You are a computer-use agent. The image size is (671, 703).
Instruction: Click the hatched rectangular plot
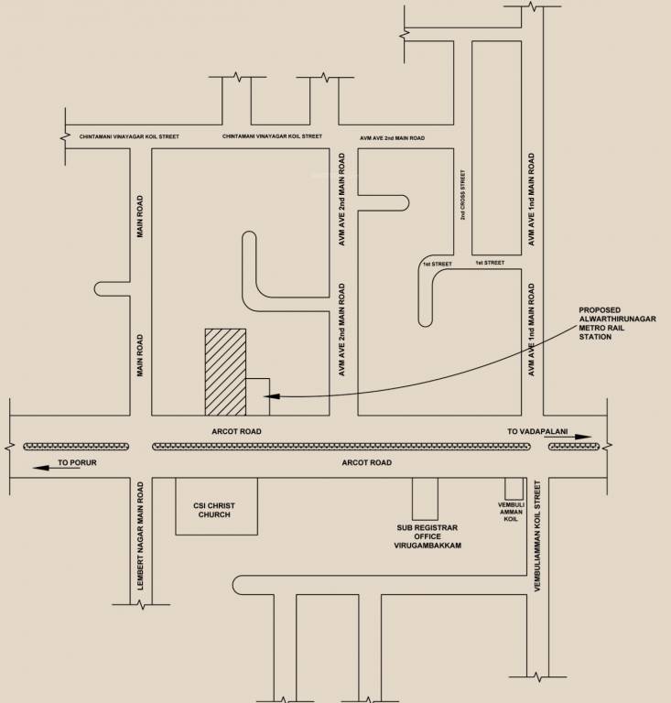pos(225,371)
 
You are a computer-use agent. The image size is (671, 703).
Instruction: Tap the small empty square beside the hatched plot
pos(258,396)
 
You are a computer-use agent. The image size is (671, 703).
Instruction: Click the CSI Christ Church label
pos(215,508)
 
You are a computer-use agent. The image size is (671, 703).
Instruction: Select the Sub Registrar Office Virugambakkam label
pos(427,536)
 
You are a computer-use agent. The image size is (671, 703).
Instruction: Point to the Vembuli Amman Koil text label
pos(511,510)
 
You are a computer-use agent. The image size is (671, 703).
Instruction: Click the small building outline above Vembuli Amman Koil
pos(514,488)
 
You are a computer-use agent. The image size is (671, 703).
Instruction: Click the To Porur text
pos(77,463)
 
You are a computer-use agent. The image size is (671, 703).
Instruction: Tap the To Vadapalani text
pos(537,430)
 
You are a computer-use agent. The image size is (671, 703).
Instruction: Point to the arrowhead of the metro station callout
pos(265,396)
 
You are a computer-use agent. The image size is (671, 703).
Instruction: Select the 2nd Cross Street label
pos(463,194)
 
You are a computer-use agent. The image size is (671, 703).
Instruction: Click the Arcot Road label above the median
pos(237,430)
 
